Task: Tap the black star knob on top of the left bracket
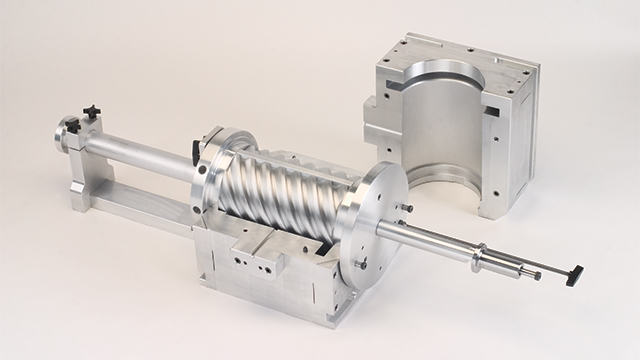coord(91,114)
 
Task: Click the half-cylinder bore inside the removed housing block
coord(440,130)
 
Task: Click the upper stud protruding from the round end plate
coord(404,208)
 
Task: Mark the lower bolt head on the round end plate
coord(362,264)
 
